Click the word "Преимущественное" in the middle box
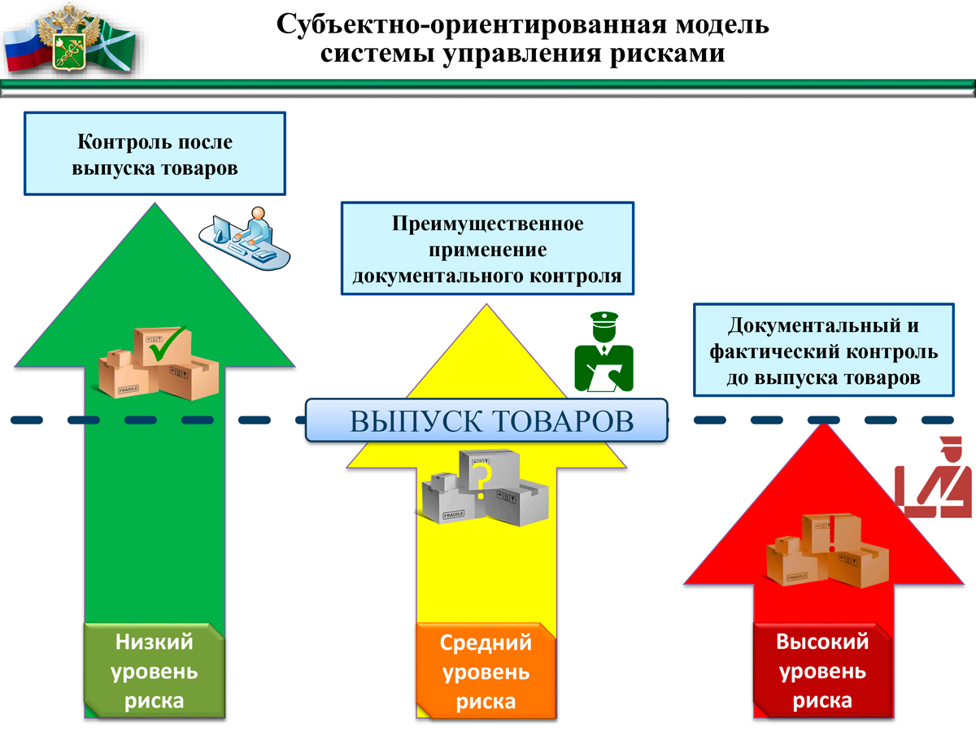tap(487, 224)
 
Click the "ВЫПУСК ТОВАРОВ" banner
tap(486, 421)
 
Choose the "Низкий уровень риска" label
tap(155, 671)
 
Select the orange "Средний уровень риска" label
tap(486, 672)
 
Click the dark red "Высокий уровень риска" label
tap(821, 671)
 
